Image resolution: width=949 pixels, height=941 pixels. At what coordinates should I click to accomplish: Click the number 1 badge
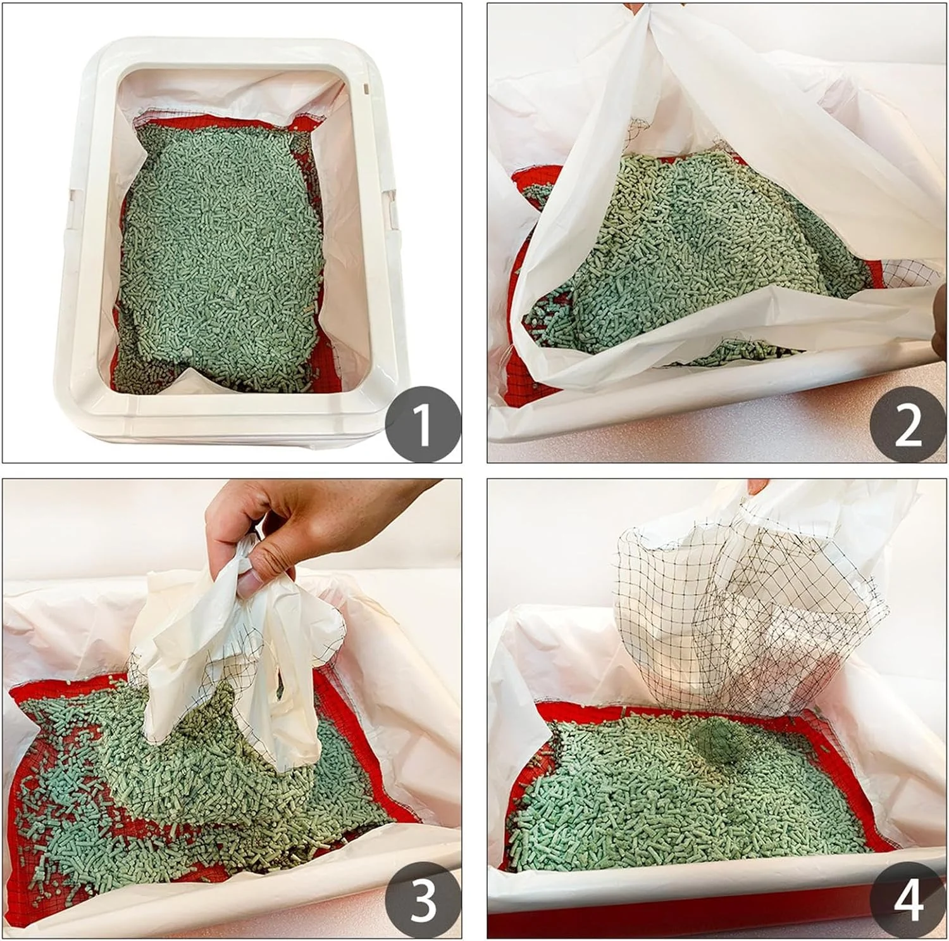[x=423, y=424]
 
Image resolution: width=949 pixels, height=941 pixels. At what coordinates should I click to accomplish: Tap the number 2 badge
[x=908, y=424]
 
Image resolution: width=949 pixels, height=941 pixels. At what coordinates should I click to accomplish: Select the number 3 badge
[x=423, y=900]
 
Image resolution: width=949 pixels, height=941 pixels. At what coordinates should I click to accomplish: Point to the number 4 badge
[x=908, y=900]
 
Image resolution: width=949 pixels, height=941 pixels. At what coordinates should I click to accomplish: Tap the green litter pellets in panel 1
[x=221, y=253]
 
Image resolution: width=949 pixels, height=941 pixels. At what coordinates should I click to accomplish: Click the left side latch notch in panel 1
[x=71, y=202]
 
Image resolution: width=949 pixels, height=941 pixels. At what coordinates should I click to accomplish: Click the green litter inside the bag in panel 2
[x=690, y=253]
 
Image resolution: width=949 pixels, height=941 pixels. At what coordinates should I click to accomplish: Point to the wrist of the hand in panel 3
[x=405, y=491]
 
